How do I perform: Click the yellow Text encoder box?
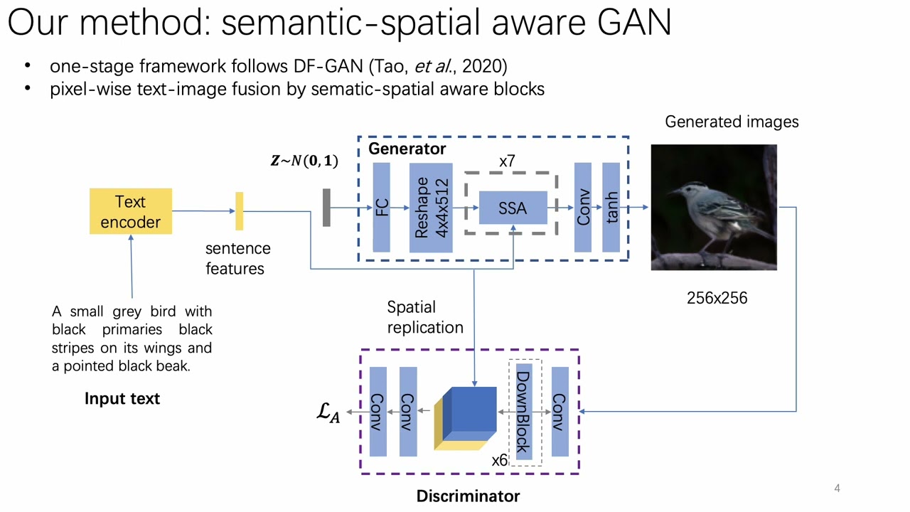pyautogui.click(x=131, y=211)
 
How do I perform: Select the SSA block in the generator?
pyautogui.click(x=513, y=208)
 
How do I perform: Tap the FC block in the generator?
pyautogui.click(x=382, y=208)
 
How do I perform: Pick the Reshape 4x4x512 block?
pyautogui.click(x=431, y=208)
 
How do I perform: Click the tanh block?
pyautogui.click(x=611, y=208)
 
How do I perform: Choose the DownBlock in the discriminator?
pyautogui.click(x=523, y=412)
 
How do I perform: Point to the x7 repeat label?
pyautogui.click(x=507, y=161)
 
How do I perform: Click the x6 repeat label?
pyautogui.click(x=500, y=460)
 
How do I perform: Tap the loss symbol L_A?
pyautogui.click(x=328, y=412)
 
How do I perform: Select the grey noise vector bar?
pyautogui.click(x=326, y=208)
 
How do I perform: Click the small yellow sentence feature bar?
pyautogui.click(x=239, y=211)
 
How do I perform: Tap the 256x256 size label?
pyautogui.click(x=717, y=298)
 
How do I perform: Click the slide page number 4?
pyautogui.click(x=837, y=488)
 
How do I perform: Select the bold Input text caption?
pyautogui.click(x=122, y=398)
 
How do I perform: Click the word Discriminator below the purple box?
pyautogui.click(x=468, y=496)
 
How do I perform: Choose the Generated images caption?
pyautogui.click(x=732, y=122)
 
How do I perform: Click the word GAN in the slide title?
pyautogui.click(x=634, y=23)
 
